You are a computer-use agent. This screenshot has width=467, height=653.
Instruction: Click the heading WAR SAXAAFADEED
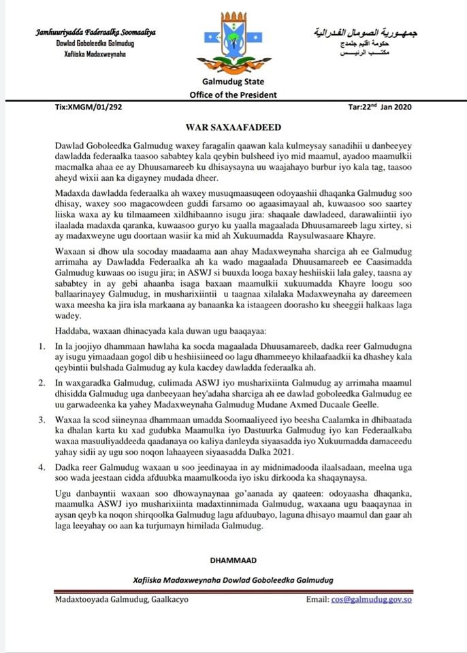233,127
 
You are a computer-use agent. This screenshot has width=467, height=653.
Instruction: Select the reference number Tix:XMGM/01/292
88,107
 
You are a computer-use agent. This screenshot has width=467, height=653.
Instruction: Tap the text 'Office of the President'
233,95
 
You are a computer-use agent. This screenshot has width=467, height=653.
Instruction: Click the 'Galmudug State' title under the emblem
233,82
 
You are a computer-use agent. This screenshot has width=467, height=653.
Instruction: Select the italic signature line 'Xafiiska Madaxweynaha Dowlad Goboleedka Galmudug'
233,580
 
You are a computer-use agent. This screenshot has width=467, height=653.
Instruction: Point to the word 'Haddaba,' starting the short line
70,330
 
